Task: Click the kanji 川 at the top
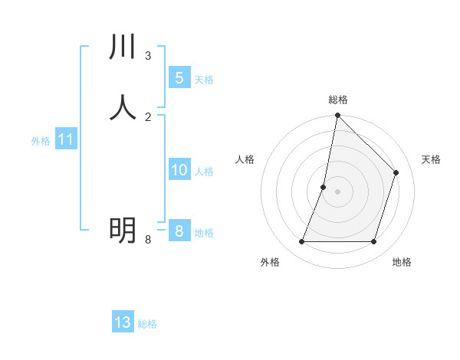[x=123, y=47]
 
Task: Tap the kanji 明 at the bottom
[x=123, y=228]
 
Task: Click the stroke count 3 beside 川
[x=148, y=55]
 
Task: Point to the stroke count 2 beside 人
[x=148, y=116]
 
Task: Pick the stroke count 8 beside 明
[x=148, y=240]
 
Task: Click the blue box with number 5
[x=179, y=77]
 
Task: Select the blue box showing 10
[x=179, y=169]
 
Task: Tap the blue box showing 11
[x=66, y=139]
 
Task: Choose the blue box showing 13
[x=123, y=322]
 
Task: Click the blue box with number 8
[x=179, y=231]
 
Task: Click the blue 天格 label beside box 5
[x=204, y=79]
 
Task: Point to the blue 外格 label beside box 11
[x=41, y=141]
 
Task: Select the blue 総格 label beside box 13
[x=147, y=324]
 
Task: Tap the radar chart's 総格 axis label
[x=338, y=100]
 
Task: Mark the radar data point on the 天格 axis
[x=396, y=172]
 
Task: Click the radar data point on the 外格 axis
[x=302, y=242]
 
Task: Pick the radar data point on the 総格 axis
[x=337, y=115]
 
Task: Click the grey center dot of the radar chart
[x=337, y=191]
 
